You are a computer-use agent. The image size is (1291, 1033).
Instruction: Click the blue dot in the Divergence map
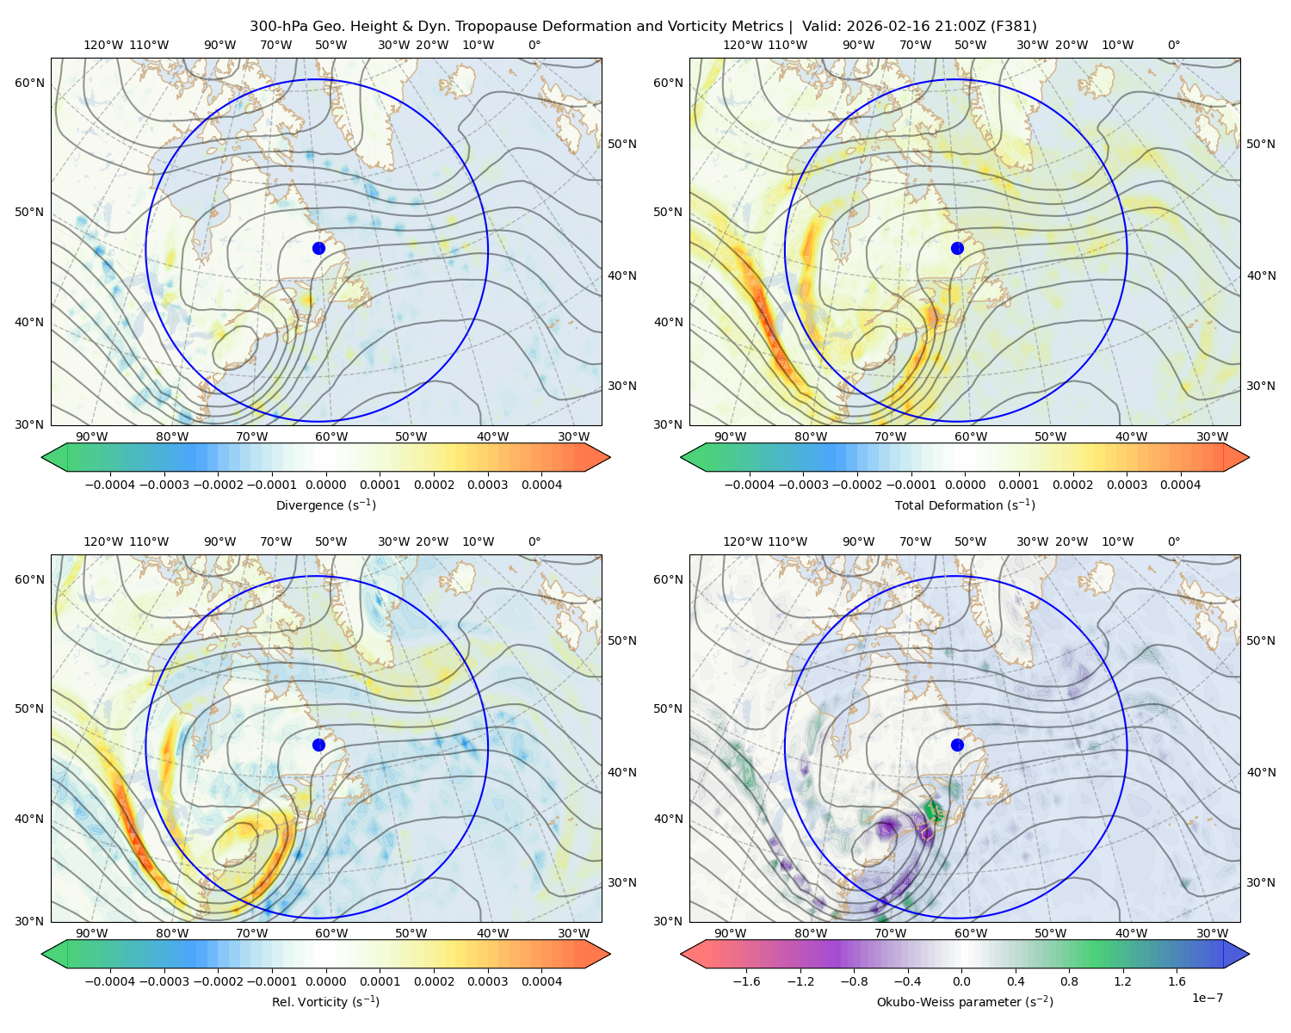tap(318, 249)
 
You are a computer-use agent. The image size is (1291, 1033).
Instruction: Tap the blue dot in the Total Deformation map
tap(957, 249)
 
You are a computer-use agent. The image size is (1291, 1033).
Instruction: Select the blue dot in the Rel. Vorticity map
tap(318, 745)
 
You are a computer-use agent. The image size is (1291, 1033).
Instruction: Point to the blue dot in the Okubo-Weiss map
tap(957, 745)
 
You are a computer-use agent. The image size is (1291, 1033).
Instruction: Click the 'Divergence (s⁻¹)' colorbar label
tap(325, 504)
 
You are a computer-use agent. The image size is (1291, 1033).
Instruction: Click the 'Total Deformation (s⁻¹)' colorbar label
tap(965, 504)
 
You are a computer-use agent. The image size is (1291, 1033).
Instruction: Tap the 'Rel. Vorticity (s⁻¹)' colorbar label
tap(325, 1001)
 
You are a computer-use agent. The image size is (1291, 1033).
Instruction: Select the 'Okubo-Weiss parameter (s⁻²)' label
tap(965, 1001)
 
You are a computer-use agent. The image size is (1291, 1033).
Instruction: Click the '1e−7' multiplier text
tap(1207, 998)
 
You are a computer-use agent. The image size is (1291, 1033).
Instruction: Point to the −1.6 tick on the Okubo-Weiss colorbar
tap(746, 980)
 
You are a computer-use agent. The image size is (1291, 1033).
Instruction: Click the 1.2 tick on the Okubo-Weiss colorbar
tap(1122, 980)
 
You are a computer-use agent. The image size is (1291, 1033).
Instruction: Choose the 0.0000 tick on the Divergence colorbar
tap(325, 485)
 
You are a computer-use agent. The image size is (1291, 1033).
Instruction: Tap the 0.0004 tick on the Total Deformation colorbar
tap(1181, 485)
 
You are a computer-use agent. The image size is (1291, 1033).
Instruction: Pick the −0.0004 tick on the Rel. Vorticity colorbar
tap(110, 980)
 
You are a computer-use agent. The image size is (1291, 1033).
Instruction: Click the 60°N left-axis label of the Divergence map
tap(30, 83)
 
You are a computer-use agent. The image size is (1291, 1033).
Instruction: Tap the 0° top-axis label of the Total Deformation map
tap(1173, 45)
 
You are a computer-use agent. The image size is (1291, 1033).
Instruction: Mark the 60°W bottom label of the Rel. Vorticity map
tap(331, 933)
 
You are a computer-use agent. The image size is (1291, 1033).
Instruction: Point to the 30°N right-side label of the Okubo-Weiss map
tap(1260, 881)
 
